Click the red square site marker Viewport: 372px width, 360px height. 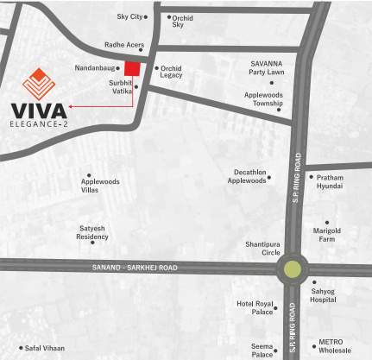(133, 70)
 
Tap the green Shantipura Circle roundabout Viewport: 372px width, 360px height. (293, 268)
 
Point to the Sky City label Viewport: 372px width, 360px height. (129, 16)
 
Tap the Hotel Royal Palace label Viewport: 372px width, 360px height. (255, 309)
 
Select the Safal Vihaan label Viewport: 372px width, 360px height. (45, 348)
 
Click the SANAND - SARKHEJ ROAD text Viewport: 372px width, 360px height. (134, 268)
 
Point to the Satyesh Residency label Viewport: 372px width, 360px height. (92, 232)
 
